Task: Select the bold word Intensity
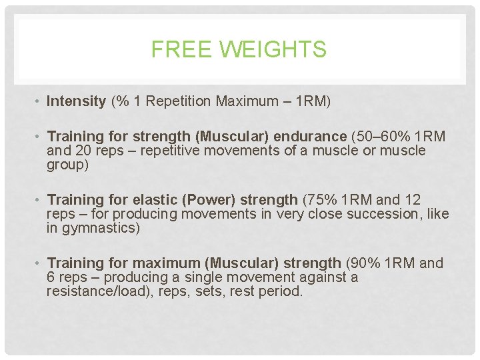(x=77, y=101)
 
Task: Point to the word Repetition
(x=174, y=101)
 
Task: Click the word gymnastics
(x=99, y=228)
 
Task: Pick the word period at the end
(x=283, y=291)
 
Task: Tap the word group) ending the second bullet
(x=67, y=164)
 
